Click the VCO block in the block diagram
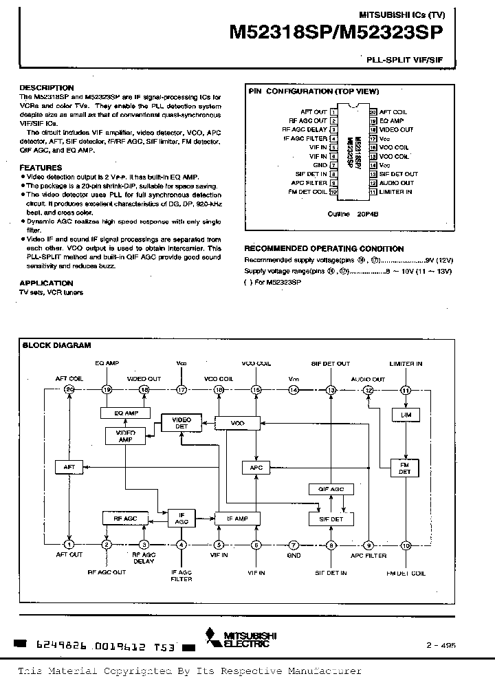238,422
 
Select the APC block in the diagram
256,467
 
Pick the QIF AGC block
331,489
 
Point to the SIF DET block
331,519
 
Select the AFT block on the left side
69,466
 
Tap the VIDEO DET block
181,423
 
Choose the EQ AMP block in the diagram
127,413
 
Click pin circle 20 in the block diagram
69,390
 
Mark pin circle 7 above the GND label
294,545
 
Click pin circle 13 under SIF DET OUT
331,390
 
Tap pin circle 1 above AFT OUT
69,545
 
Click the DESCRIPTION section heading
46,88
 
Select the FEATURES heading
41,168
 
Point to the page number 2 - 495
441,646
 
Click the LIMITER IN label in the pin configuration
396,192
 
